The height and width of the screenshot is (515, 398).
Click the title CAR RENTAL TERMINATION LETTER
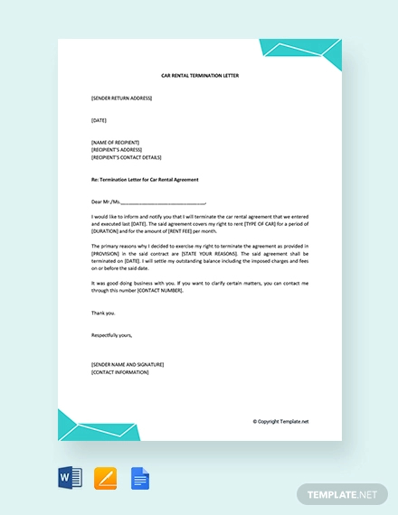[199, 76]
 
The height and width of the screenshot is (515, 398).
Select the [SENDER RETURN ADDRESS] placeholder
[122, 98]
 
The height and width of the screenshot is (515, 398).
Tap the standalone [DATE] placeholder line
[99, 119]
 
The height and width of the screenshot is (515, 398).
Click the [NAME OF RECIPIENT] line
[117, 142]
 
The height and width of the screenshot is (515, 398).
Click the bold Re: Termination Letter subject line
[146, 179]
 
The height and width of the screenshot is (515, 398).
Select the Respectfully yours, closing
[112, 334]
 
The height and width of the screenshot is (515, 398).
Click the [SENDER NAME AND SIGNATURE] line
[128, 364]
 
